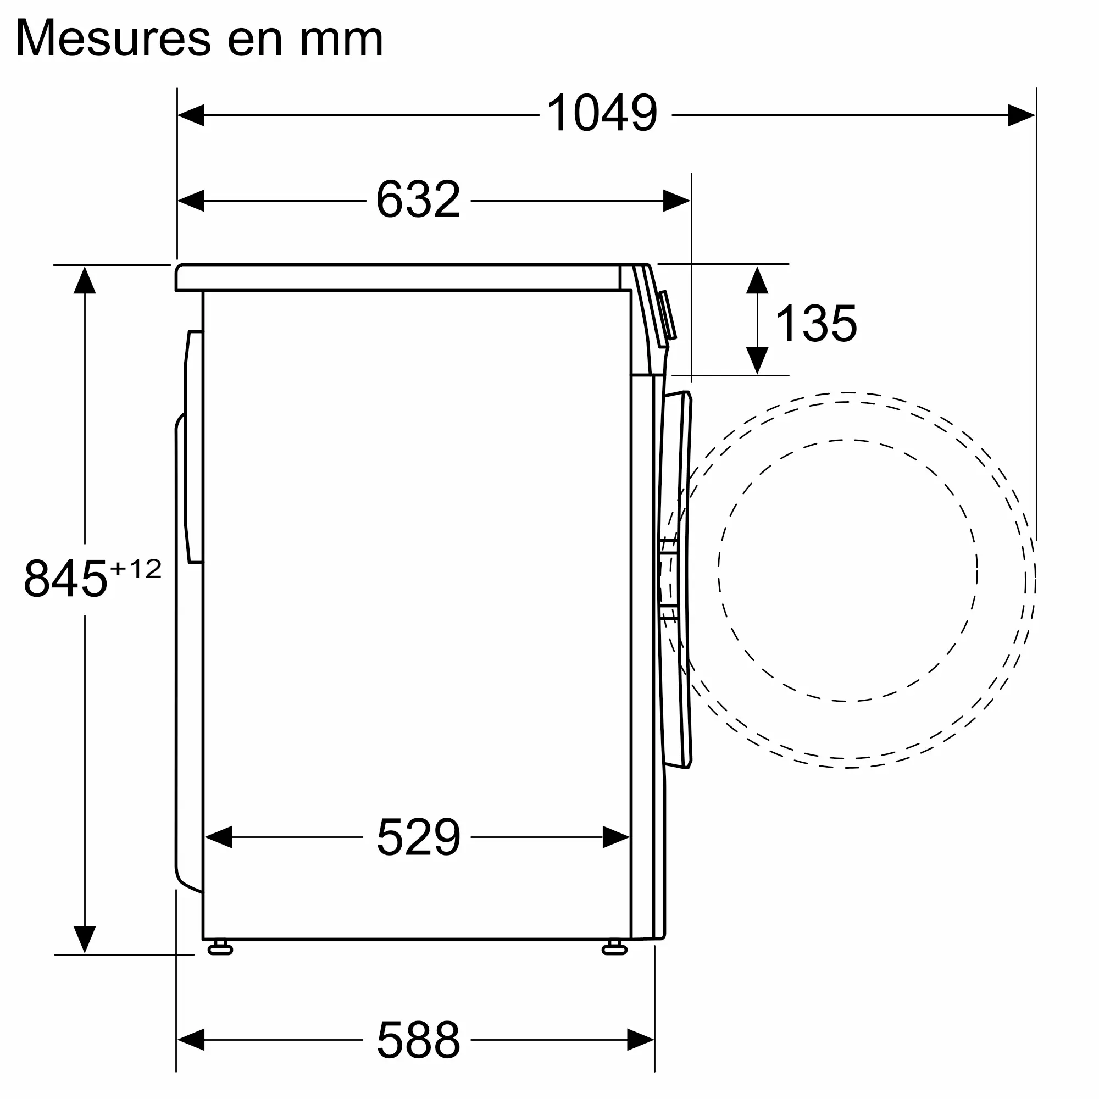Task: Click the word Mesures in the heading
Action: (113, 38)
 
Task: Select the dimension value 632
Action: (418, 199)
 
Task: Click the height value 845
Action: (65, 579)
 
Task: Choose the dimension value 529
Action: (418, 837)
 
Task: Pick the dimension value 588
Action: (418, 1039)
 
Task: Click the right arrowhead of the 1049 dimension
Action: (1022, 115)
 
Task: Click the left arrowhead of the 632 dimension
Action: (191, 200)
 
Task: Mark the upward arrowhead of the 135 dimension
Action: (757, 280)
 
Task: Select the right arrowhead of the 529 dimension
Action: (616, 837)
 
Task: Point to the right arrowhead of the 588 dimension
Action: (641, 1039)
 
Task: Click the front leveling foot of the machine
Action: (614, 947)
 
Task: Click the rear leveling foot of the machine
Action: (220, 947)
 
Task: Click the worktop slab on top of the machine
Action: (398, 277)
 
